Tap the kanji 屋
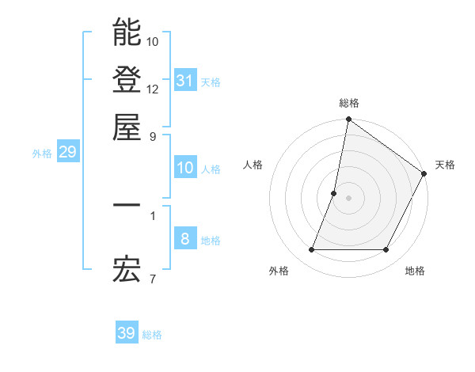pos(127,127)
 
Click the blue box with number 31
pos(184,81)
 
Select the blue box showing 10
pos(184,168)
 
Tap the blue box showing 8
pos(184,239)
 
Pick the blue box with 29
pos(67,152)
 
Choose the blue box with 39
pos(126,333)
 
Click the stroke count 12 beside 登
pos(153,89)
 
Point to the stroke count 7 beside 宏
pos(153,279)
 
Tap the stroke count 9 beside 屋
pos(153,135)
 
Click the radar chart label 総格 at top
pos(348,103)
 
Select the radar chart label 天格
pos(445,165)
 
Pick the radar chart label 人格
pos(253,165)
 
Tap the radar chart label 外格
pos(279,271)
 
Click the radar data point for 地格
pos(386,250)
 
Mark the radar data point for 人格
pos(334,192)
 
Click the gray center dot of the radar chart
pos(348,198)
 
